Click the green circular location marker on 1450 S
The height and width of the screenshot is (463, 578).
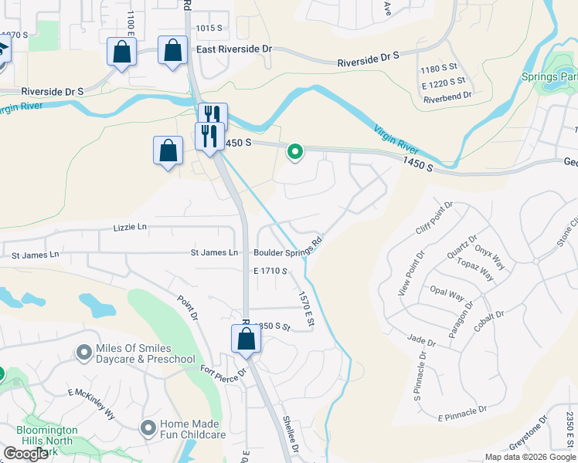tap(294, 151)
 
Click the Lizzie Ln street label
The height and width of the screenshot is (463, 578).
tap(130, 227)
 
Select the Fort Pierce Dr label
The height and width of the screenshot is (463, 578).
tap(224, 373)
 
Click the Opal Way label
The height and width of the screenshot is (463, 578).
tap(447, 295)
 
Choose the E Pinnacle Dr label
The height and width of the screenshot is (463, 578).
tap(462, 413)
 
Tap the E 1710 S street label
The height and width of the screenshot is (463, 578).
tap(270, 271)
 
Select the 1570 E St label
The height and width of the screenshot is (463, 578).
tap(306, 307)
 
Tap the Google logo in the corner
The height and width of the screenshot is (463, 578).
tap(26, 453)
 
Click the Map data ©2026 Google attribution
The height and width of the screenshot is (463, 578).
tap(529, 457)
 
